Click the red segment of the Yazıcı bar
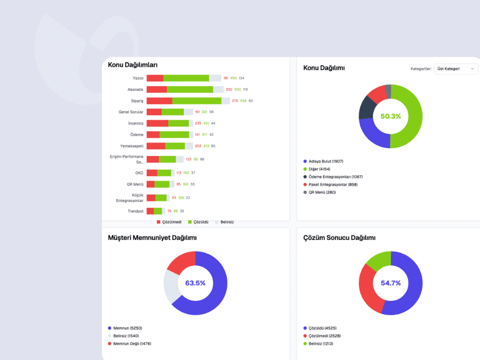[155, 78]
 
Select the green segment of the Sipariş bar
[196, 101]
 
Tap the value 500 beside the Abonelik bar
[238, 90]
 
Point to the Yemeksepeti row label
[132, 146]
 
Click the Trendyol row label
[135, 211]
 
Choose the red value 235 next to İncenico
[198, 123]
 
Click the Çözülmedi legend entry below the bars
[169, 222]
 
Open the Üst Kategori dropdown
[456, 69]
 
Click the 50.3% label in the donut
[390, 116]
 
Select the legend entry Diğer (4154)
[319, 169]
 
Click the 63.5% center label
[195, 283]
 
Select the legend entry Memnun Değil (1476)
[132, 344]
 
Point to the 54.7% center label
[390, 283]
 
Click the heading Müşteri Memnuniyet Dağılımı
[152, 238]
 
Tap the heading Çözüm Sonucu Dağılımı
[339, 238]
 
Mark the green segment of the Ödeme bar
[174, 135]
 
